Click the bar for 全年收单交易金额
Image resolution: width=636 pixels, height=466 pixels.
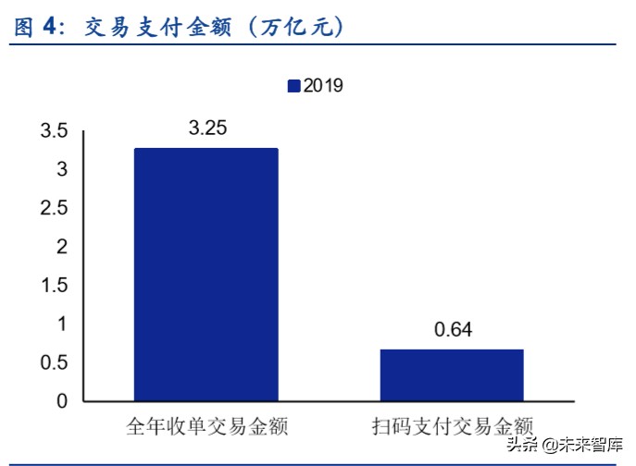pyautogui.click(x=206, y=275)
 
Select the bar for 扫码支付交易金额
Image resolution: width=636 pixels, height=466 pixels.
pyautogui.click(x=452, y=375)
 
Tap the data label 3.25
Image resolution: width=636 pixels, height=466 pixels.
pyautogui.click(x=207, y=129)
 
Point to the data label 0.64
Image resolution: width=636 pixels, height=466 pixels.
pyautogui.click(x=453, y=330)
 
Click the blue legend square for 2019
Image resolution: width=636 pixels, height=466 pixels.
pyautogui.click(x=293, y=86)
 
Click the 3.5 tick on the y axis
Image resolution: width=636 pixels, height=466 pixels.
pyautogui.click(x=54, y=131)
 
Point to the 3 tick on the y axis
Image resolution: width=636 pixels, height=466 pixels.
pyautogui.click(x=61, y=170)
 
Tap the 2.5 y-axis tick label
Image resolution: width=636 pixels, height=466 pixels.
pyautogui.click(x=54, y=208)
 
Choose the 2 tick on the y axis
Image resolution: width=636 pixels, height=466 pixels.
pyautogui.click(x=61, y=247)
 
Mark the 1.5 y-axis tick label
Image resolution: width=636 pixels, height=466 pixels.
pyautogui.click(x=54, y=286)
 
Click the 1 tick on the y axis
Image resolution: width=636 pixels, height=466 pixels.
pyautogui.click(x=61, y=324)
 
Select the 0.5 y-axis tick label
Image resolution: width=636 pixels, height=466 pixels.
pyautogui.click(x=54, y=362)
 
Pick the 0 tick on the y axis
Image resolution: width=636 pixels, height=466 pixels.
pyautogui.click(x=61, y=401)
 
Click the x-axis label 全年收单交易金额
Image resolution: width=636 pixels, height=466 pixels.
pyautogui.click(x=206, y=427)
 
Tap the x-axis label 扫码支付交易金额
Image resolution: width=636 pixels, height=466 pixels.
pyautogui.click(x=453, y=427)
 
